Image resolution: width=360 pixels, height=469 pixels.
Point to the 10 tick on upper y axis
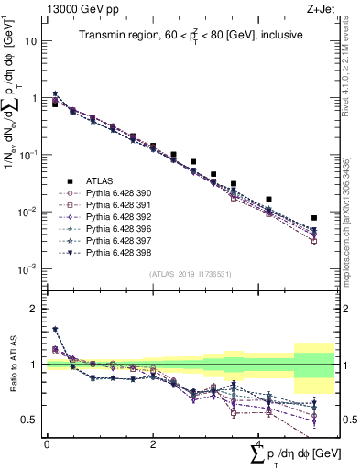[31, 42]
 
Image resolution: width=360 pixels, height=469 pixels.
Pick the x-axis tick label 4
[260, 444]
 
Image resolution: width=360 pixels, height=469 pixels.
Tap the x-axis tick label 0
[47, 444]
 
